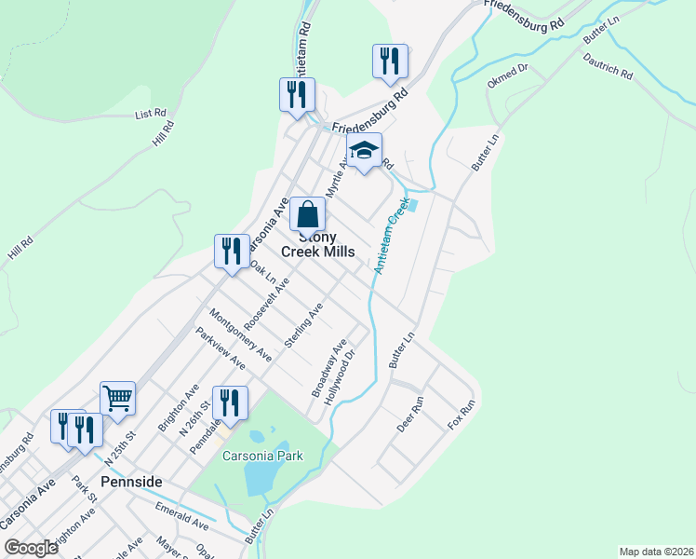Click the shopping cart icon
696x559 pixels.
tap(118, 398)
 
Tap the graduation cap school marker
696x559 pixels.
tap(364, 149)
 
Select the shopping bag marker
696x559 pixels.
tap(307, 214)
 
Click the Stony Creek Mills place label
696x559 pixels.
tap(307, 245)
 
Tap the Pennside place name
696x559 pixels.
tap(131, 482)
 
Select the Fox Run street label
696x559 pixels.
tap(462, 414)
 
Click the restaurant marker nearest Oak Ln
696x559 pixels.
tap(232, 251)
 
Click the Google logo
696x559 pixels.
tap(32, 548)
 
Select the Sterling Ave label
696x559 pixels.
tap(303, 325)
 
